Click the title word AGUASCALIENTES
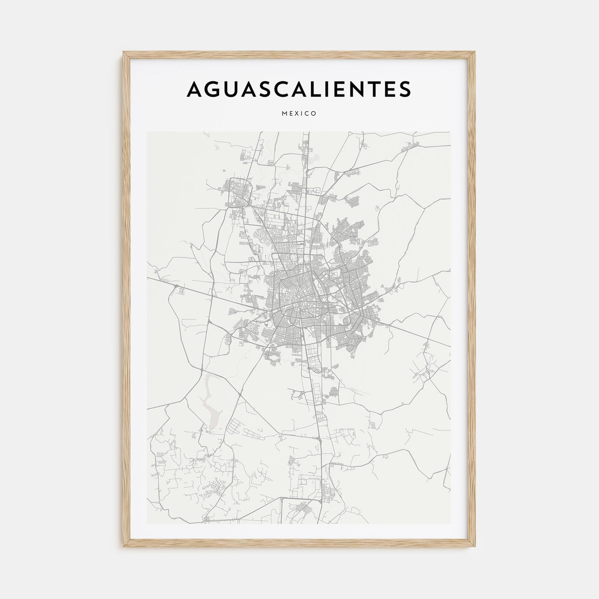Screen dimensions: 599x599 point(299,89)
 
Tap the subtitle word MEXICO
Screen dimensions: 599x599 point(299,114)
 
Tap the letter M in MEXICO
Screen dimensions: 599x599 point(285,114)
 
